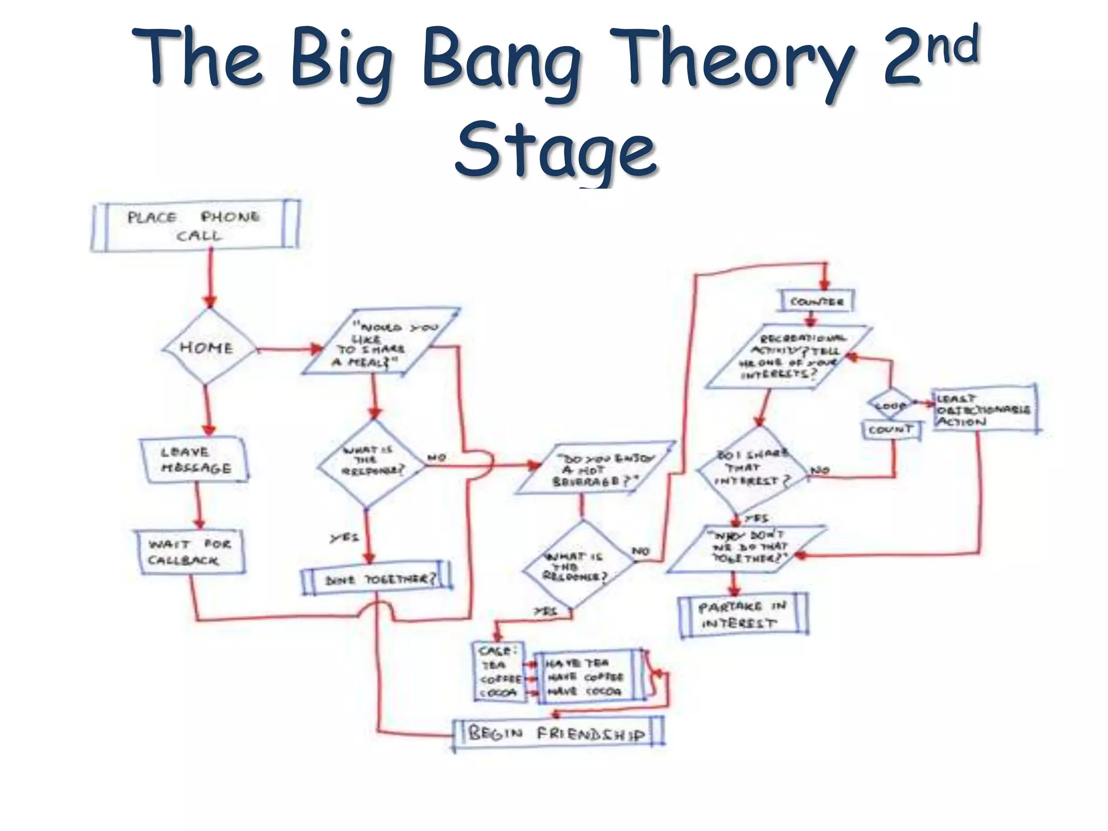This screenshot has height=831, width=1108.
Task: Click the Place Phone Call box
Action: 195,226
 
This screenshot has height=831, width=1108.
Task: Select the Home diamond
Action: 207,347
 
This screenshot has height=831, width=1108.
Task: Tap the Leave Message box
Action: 195,460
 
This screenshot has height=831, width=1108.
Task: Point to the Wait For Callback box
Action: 189,552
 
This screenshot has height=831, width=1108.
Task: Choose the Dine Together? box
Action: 377,579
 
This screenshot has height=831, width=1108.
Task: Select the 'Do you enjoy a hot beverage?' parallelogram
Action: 595,469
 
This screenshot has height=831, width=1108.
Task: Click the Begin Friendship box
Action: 557,734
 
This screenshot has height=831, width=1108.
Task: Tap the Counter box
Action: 816,301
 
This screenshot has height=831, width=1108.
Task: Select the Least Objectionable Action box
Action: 984,409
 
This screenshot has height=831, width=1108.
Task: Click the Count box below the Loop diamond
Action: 891,430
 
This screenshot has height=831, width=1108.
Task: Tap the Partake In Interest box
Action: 743,615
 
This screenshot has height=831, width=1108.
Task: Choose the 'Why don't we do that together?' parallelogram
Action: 747,549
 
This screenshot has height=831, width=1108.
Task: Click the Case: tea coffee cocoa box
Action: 499,672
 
